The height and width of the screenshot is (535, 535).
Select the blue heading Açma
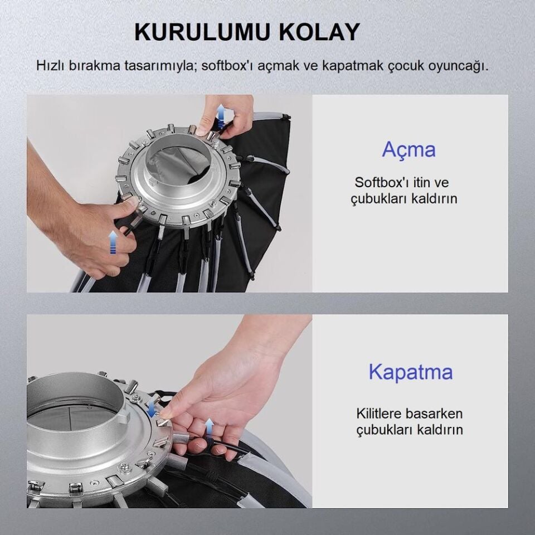408,149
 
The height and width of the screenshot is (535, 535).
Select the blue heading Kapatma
411,372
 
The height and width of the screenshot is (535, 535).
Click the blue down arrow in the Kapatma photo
151,408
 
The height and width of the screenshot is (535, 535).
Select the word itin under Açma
422,182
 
